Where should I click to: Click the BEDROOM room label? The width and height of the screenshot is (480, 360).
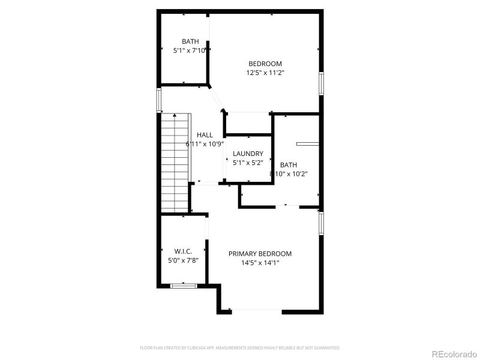click(x=265, y=64)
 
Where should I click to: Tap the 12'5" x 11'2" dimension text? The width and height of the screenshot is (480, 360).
click(x=265, y=73)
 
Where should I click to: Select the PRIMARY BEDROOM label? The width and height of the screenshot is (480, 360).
click(x=260, y=254)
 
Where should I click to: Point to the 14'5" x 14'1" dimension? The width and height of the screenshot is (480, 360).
click(x=260, y=263)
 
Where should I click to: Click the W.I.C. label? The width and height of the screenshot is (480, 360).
click(x=183, y=251)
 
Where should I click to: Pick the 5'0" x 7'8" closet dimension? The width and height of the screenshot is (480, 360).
click(x=183, y=260)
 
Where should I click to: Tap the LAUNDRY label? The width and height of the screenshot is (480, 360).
click(x=248, y=154)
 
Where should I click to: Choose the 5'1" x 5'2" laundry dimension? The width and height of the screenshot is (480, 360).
click(x=248, y=163)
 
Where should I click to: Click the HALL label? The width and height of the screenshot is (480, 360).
click(x=205, y=135)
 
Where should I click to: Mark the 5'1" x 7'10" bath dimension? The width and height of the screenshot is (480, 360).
click(x=190, y=50)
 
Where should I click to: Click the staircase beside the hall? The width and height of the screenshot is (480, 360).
click(x=175, y=162)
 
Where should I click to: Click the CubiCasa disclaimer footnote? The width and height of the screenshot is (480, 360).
click(x=240, y=347)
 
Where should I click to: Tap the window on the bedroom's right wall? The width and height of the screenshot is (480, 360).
click(x=321, y=83)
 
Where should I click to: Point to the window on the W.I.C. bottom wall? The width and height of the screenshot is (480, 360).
click(x=184, y=286)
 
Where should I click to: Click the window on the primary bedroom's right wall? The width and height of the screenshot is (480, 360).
click(x=321, y=223)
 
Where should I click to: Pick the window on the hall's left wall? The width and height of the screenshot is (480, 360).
click(x=159, y=100)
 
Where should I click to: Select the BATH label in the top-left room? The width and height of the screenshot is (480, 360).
click(x=190, y=41)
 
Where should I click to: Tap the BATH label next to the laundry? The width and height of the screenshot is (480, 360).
click(x=288, y=164)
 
